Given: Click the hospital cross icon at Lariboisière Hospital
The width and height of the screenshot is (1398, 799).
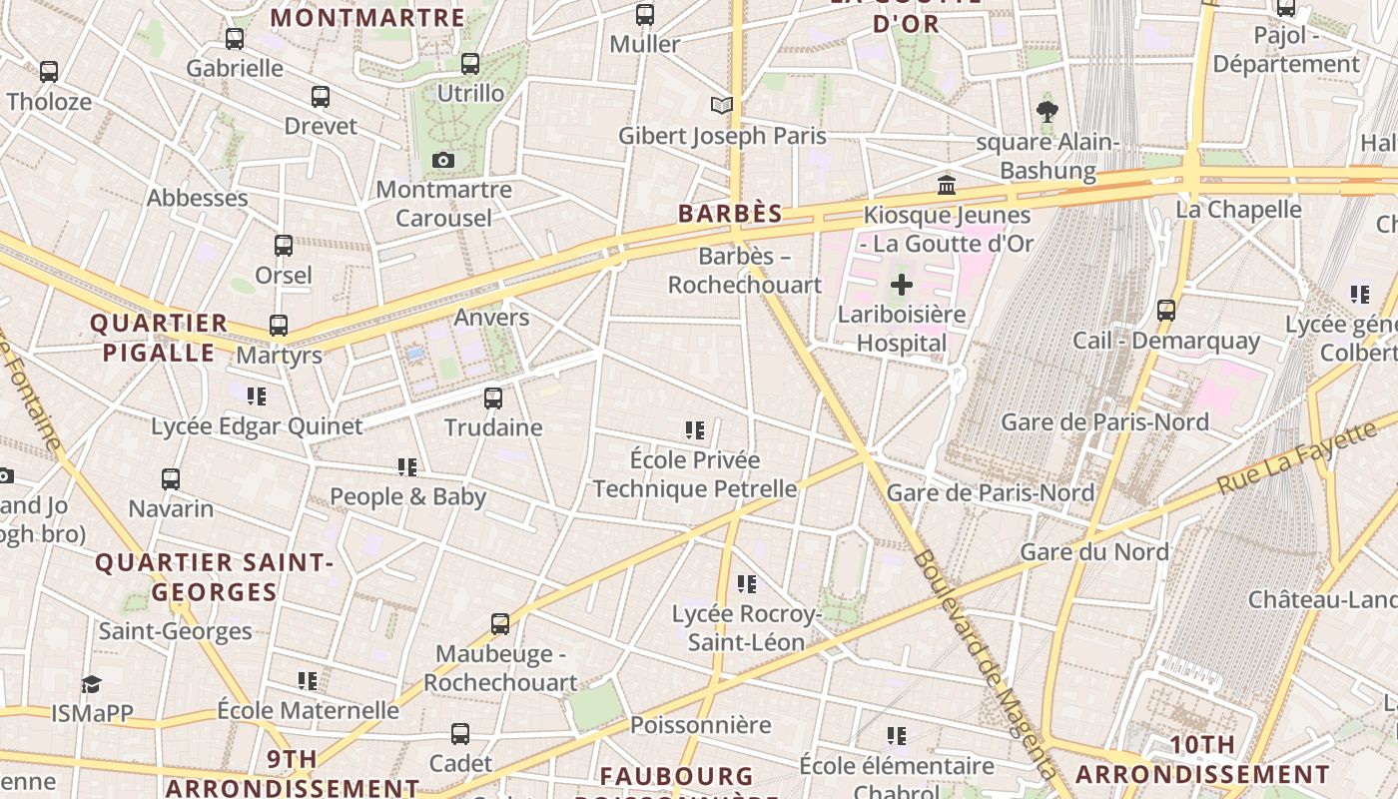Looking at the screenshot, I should coord(902,285).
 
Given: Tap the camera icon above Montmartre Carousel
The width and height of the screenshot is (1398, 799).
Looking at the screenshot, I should coord(443,160).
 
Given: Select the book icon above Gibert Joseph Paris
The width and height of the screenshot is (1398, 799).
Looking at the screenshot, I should coord(721,105).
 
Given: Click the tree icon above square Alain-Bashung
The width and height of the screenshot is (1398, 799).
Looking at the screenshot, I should coord(1047,111).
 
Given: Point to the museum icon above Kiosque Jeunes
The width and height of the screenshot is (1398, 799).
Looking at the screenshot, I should coord(946,185).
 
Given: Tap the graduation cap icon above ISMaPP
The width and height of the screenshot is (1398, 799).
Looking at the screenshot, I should coord(91,684).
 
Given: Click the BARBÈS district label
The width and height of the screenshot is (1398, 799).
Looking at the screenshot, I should coord(730,214).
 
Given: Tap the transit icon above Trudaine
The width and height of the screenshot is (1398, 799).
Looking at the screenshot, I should coord(493,399).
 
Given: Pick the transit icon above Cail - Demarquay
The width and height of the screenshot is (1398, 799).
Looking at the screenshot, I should coord(1165,311).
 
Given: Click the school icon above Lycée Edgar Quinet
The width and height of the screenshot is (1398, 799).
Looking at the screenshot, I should coord(257,397).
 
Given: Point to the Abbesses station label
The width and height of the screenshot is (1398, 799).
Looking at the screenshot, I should coord(197,198).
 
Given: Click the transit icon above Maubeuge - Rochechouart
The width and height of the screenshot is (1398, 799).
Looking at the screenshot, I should coord(500,624).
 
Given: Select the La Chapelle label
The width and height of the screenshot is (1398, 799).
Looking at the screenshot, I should coord(1238,210).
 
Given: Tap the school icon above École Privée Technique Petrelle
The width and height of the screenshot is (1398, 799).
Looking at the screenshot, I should coord(695,430).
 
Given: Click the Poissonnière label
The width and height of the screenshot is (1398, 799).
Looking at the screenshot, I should coord(700,725).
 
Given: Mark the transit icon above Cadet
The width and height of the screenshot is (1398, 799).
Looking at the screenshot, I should coord(460,734).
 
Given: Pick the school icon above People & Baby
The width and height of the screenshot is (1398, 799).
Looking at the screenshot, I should coord(407,467).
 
